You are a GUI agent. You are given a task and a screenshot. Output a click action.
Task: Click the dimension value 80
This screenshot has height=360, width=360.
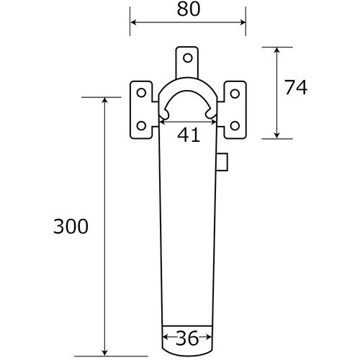189,10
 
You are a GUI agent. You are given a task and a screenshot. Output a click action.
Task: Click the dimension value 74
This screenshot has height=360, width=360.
296,88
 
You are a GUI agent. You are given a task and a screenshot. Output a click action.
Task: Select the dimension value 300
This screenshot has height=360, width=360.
71,227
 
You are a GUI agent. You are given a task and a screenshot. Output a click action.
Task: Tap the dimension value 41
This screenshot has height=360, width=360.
189,135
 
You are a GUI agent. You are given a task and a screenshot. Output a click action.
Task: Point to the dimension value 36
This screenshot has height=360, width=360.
187,338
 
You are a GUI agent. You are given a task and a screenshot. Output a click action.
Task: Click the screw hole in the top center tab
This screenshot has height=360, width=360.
188,58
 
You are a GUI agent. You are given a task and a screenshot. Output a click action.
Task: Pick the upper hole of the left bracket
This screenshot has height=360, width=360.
141,93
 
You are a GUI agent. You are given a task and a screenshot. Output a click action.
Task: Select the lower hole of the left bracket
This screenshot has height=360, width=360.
141,126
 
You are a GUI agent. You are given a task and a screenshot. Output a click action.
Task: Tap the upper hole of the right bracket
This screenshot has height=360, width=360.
235,94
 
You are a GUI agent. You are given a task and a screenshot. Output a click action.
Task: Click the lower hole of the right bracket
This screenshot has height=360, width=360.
235,126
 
